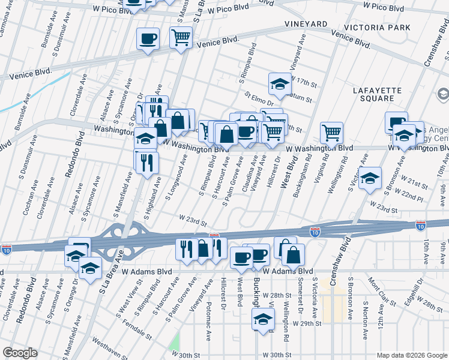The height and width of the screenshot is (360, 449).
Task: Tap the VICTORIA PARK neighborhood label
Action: [x=378, y=28]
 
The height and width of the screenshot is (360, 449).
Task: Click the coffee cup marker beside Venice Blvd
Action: [x=148, y=40]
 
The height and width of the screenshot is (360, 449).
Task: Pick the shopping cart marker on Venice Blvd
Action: [x=181, y=38]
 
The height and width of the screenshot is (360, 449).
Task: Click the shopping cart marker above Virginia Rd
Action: [x=331, y=132]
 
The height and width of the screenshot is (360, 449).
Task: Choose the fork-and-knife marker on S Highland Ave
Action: [x=146, y=161]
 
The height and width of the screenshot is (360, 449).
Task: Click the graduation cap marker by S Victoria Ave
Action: [x=370, y=178]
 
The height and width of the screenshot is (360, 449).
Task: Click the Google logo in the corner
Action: [x=20, y=353]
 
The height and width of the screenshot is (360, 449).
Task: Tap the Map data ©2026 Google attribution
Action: [x=412, y=355]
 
